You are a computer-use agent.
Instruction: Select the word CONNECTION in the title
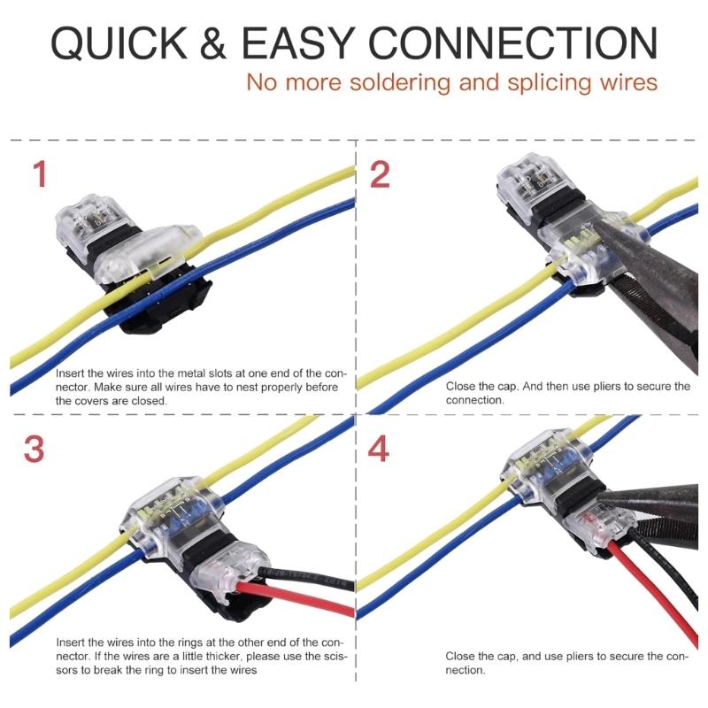click(x=512, y=43)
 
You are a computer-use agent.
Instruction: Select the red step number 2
click(x=379, y=174)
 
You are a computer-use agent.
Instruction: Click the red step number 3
click(x=35, y=450)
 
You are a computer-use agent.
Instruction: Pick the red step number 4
click(x=379, y=450)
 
